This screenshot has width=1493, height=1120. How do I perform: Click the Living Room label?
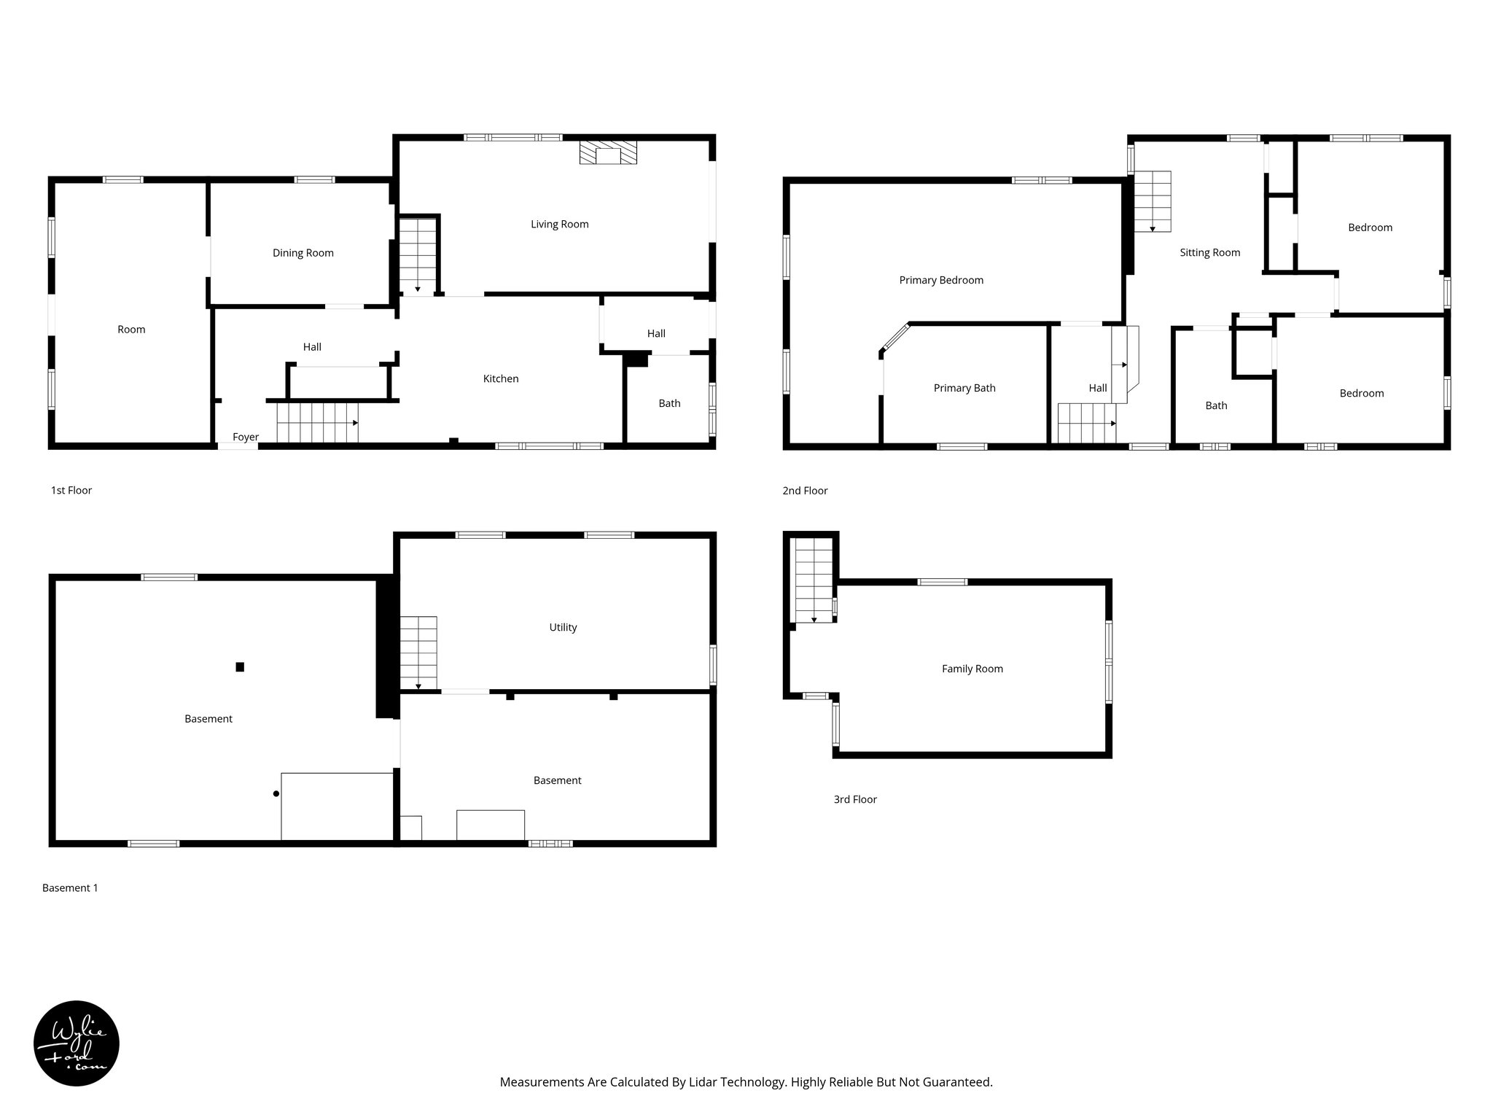tap(559, 224)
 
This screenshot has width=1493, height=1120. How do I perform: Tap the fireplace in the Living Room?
tap(608, 153)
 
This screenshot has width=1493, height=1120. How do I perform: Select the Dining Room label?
tap(303, 253)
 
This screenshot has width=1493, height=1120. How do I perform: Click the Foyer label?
tap(246, 437)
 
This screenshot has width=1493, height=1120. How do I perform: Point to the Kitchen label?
tap(501, 378)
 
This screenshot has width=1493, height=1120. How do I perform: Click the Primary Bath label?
tap(964, 388)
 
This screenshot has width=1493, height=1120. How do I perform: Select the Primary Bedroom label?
tap(940, 280)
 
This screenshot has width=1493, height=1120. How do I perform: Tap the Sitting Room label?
tap(1209, 252)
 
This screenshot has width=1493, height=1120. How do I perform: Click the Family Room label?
tap(972, 669)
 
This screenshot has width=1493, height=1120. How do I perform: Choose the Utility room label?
tap(563, 627)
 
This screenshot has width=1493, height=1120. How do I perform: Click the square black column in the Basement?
tap(240, 666)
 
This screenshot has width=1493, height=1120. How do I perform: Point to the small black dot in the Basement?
tap(276, 793)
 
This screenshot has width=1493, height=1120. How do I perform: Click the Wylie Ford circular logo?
tap(77, 1043)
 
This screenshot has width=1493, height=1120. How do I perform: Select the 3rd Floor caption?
tap(854, 799)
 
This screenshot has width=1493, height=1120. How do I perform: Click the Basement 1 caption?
tap(70, 888)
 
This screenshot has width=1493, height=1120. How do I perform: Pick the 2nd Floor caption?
tap(805, 491)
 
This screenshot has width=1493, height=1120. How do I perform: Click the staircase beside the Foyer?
tap(317, 423)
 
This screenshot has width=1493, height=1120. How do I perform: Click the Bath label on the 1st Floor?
tap(669, 403)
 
